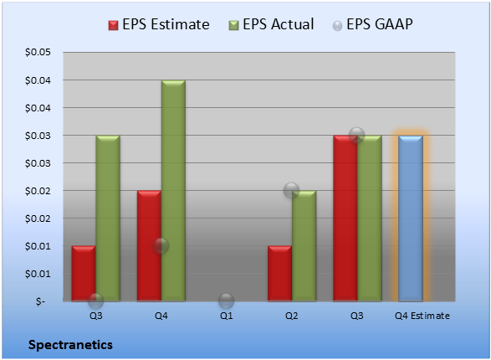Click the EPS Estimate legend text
[x=166, y=24]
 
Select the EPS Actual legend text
[x=279, y=24]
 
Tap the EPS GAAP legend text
[x=380, y=24]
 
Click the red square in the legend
[x=113, y=25]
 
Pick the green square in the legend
[x=233, y=25]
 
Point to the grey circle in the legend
[x=337, y=26]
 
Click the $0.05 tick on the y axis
[x=38, y=52]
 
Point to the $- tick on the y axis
[x=40, y=301]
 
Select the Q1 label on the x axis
[x=227, y=316]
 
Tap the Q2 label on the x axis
[x=292, y=316]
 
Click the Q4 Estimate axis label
[x=422, y=316]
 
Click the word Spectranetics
[x=70, y=345]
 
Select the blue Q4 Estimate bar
[x=411, y=219]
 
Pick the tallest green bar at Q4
[x=173, y=191]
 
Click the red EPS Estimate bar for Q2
[x=279, y=274]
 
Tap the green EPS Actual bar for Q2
[x=304, y=246]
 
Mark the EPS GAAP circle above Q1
[x=227, y=301]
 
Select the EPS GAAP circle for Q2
[x=292, y=190]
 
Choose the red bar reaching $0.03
[x=345, y=219]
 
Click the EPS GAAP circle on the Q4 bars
[x=161, y=245]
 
